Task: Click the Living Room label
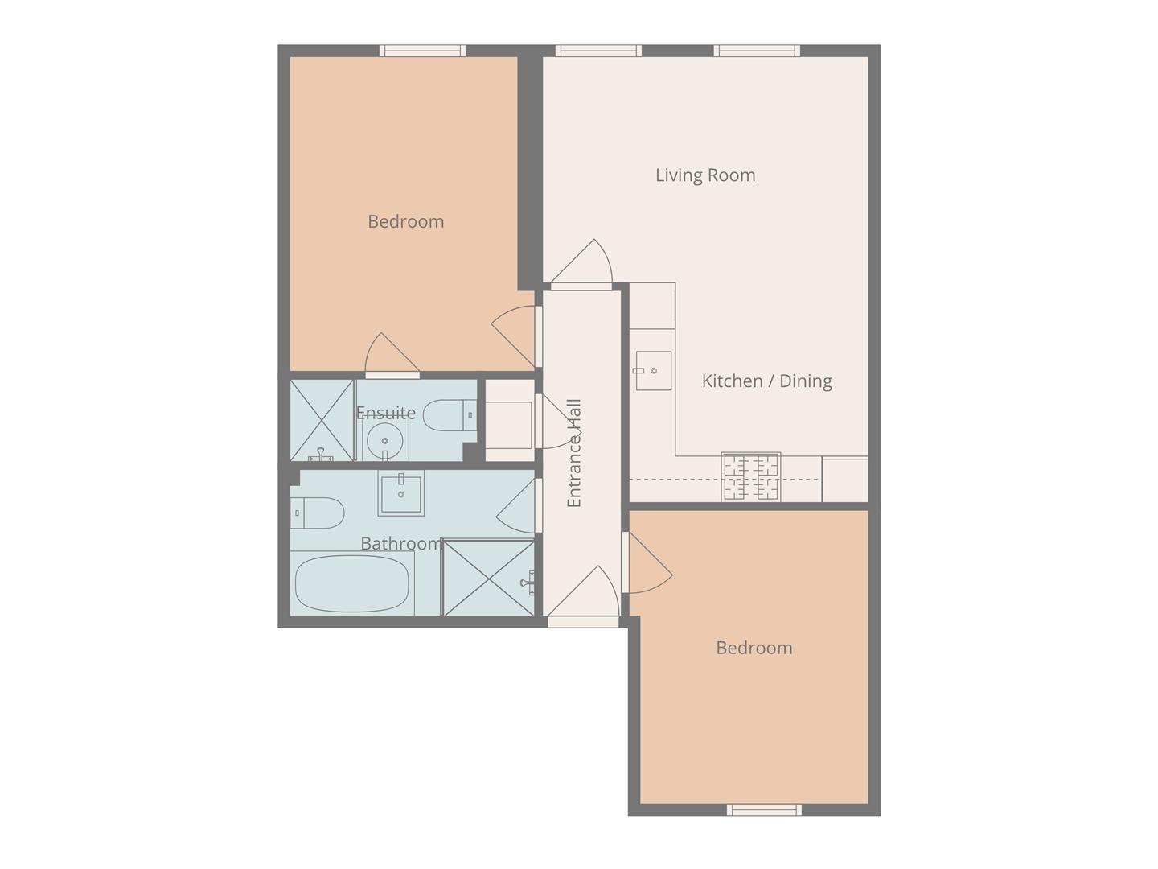point(704,175)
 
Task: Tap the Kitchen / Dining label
point(766,381)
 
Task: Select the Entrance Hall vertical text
point(573,453)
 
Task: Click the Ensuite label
point(386,413)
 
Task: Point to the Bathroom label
point(402,543)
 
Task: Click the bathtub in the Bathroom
point(351,584)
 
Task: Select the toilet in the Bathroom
point(317,513)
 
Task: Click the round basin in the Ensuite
point(385,441)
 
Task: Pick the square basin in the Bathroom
point(401,492)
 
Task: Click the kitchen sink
point(653,370)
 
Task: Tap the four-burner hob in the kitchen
point(751,477)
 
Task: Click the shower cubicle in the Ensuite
point(322,420)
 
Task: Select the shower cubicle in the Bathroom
point(488,577)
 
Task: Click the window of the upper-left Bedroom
point(422,51)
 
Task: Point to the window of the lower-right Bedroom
point(764,809)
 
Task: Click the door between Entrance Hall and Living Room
point(581,264)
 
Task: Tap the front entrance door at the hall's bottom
point(583,595)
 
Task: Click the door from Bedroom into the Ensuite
point(392,355)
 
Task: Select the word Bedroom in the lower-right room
point(754,648)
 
